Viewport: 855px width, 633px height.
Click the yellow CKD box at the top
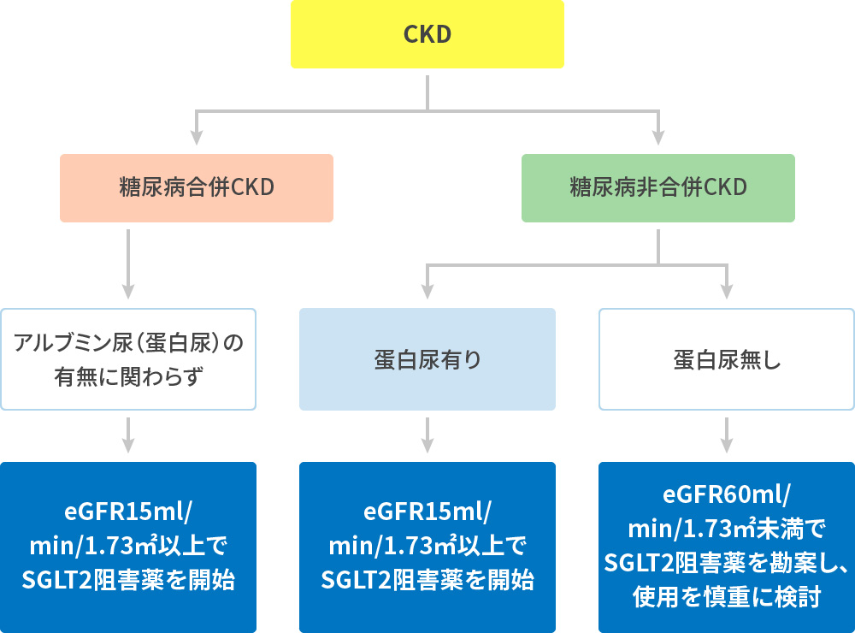pyautogui.click(x=427, y=34)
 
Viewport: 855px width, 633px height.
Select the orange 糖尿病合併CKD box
pyautogui.click(x=196, y=188)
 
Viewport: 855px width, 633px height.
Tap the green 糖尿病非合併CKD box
pyautogui.click(x=657, y=188)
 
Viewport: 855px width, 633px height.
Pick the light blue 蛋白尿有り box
pyautogui.click(x=427, y=359)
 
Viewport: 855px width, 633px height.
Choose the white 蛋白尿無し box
pyautogui.click(x=726, y=359)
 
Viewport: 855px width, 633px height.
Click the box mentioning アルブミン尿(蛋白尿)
pyautogui.click(x=128, y=359)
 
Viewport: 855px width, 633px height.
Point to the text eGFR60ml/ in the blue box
pyautogui.click(x=726, y=496)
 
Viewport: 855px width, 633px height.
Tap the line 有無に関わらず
pyautogui.click(x=128, y=376)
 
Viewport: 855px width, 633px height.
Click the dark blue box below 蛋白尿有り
pyautogui.click(x=427, y=547)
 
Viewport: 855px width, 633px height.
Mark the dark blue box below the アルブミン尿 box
pyautogui.click(x=128, y=547)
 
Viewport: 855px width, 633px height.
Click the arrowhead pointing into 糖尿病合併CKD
pyautogui.click(x=197, y=137)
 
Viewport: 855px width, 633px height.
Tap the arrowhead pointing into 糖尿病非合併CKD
pyautogui.click(x=658, y=137)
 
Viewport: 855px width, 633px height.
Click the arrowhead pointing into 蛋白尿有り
pyautogui.click(x=427, y=291)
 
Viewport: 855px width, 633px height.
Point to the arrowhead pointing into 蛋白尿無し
pyautogui.click(x=727, y=291)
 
